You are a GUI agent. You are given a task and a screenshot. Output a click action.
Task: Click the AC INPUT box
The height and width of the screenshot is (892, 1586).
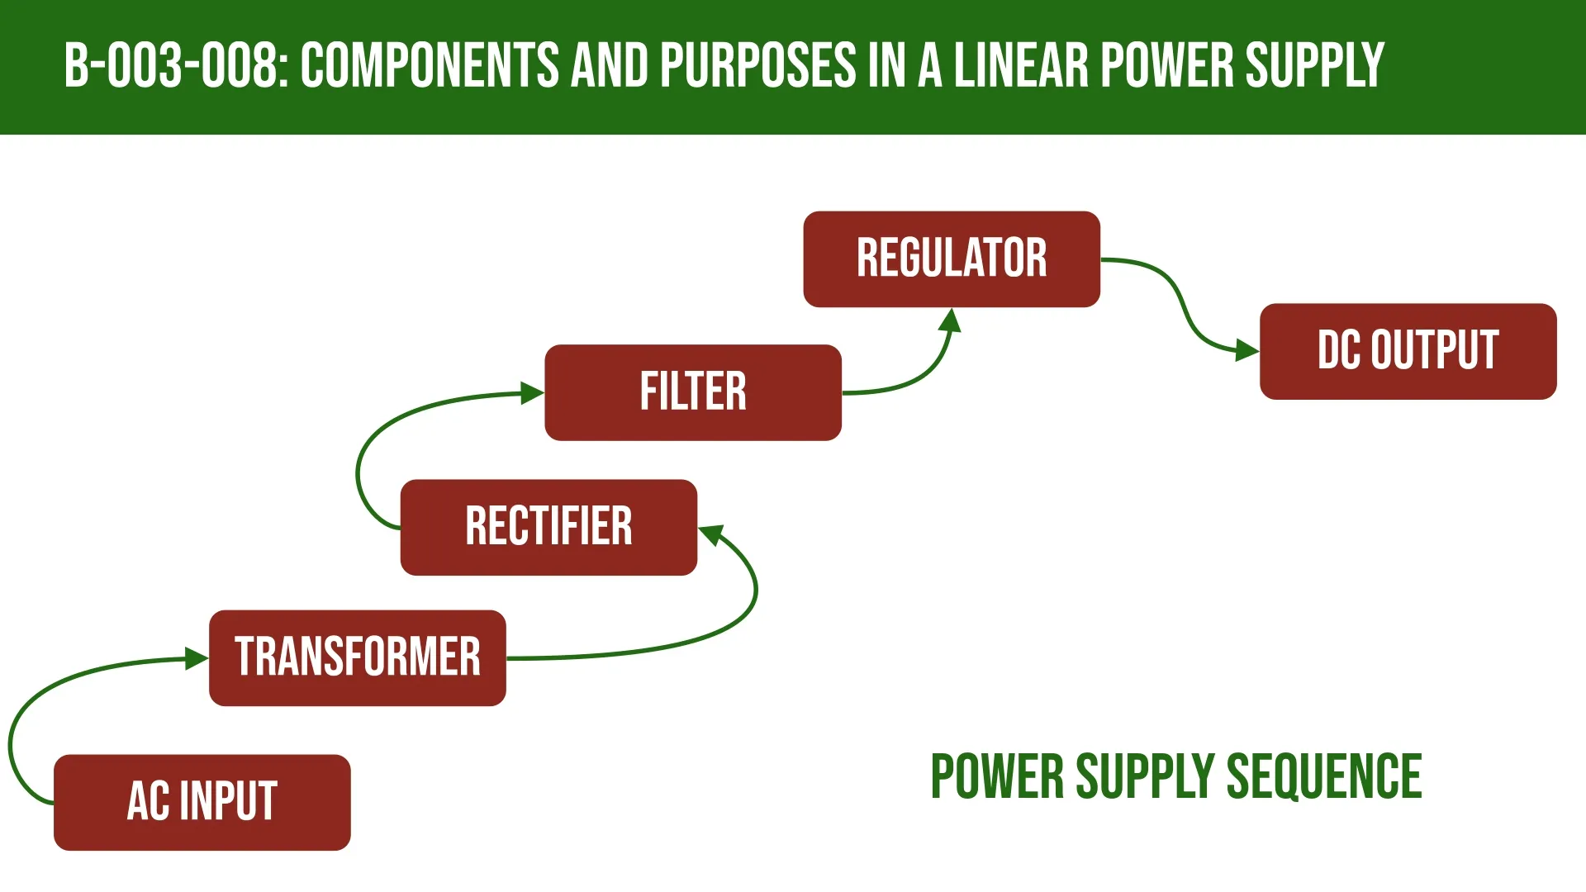tap(202, 802)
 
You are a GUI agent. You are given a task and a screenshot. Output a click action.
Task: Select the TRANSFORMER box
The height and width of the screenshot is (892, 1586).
tap(357, 657)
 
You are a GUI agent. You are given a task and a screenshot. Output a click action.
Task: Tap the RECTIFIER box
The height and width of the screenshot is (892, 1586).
tap(548, 527)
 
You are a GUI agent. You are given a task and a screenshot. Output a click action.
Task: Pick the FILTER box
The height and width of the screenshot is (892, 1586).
tap(693, 392)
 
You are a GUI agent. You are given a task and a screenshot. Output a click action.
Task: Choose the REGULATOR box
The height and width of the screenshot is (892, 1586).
tap(952, 259)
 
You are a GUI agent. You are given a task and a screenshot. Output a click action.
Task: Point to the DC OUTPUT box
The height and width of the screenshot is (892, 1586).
tap(1408, 351)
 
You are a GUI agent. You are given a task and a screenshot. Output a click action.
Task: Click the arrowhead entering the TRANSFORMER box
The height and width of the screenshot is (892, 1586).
tap(197, 658)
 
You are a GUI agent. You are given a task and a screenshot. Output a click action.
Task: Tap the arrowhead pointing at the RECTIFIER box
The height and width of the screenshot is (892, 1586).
tap(711, 534)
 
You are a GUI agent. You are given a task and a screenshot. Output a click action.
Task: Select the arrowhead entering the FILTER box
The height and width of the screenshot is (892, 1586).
tap(532, 393)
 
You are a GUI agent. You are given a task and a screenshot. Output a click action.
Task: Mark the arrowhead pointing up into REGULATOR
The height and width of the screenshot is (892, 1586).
tap(952, 320)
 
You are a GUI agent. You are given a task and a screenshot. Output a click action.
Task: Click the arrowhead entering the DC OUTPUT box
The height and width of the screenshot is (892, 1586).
tap(1246, 350)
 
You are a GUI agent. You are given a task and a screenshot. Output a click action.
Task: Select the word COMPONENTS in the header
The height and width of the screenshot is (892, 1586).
tap(430, 66)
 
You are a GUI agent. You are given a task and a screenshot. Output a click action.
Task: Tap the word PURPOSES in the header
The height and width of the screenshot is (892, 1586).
tap(758, 66)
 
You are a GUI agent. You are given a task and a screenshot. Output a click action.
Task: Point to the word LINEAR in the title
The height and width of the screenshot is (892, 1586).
tap(1022, 66)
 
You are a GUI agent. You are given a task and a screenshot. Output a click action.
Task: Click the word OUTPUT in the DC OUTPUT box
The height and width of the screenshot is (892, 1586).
tap(1435, 351)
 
